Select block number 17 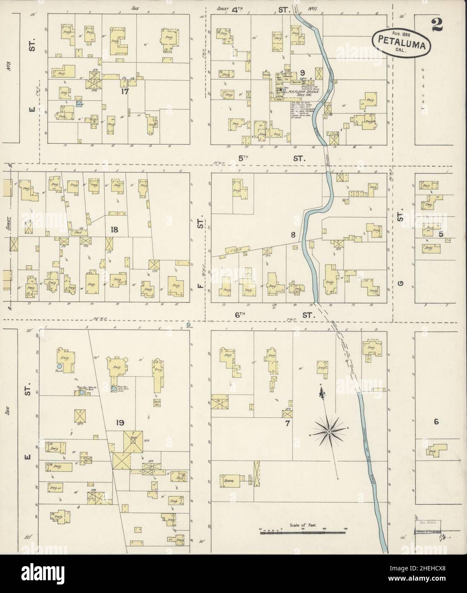[x=124, y=90]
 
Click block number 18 [x=114, y=230]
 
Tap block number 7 [x=288, y=424]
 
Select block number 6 [x=436, y=422]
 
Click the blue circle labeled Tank [x=60, y=366]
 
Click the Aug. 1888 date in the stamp [x=388, y=32]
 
